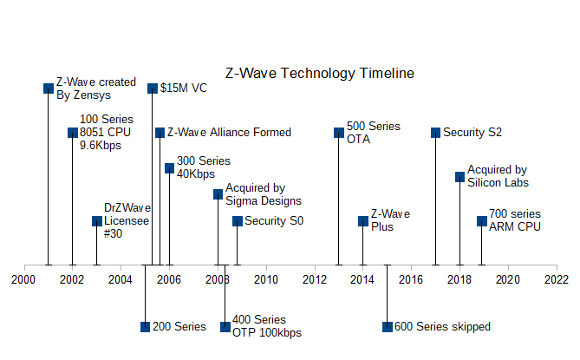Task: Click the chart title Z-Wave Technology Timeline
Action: point(320,74)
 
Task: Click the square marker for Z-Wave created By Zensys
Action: point(49,88)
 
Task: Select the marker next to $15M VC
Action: point(153,88)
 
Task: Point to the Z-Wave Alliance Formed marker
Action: point(160,133)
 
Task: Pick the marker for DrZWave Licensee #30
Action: point(97,221)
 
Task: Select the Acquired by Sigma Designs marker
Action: point(218,194)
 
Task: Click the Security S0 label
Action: point(274,221)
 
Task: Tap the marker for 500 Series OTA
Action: point(339,133)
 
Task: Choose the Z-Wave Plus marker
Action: point(363,221)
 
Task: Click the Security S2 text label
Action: point(472,133)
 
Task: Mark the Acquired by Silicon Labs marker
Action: point(460,177)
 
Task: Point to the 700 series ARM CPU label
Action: point(515,220)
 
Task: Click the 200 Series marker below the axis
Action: point(145,327)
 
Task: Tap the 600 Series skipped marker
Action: point(387,327)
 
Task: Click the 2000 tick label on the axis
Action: point(23,279)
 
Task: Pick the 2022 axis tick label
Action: point(556,279)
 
